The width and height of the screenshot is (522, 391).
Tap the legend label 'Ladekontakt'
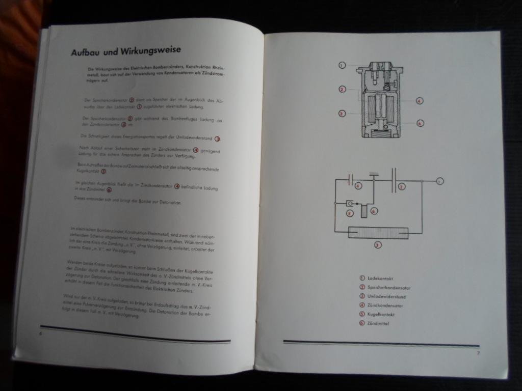pyautogui.click(x=380, y=278)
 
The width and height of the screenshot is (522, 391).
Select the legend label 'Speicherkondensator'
pyautogui.click(x=389, y=288)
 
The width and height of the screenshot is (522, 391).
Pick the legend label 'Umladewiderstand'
pyautogui.click(x=386, y=296)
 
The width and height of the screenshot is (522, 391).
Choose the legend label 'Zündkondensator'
pyautogui.click(x=385, y=305)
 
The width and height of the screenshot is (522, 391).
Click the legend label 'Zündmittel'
pyautogui.click(x=378, y=323)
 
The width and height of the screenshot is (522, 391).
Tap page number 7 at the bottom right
pyautogui.click(x=478, y=352)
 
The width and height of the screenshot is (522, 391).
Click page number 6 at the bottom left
pyautogui.click(x=40, y=333)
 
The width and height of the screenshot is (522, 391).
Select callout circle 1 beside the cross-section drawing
pyautogui.click(x=342, y=65)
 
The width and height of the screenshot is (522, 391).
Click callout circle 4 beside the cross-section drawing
pyautogui.click(x=419, y=101)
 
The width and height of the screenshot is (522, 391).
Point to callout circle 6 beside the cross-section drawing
pyautogui.click(x=420, y=123)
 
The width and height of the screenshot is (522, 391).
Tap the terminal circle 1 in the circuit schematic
pyautogui.click(x=440, y=181)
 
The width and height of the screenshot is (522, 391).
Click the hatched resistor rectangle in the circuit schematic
pyautogui.click(x=378, y=233)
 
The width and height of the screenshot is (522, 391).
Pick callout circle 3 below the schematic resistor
pyautogui.click(x=378, y=245)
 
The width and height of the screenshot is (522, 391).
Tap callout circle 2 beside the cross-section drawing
pyautogui.click(x=342, y=90)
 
